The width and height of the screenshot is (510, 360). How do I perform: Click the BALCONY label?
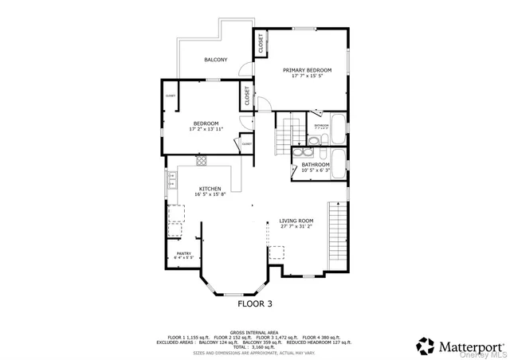(x=215, y=60)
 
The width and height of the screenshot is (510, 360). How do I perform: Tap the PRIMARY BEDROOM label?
(x=307, y=70)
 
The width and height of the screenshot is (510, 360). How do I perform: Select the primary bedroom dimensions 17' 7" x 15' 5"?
(x=307, y=77)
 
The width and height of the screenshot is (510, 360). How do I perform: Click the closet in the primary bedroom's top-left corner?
(x=260, y=44)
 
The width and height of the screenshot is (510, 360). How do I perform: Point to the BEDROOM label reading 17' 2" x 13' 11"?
(x=206, y=123)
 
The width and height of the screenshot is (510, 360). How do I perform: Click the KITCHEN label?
(x=199, y=189)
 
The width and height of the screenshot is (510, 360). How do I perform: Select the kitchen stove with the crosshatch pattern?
(x=201, y=159)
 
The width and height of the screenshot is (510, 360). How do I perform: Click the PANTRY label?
(x=183, y=254)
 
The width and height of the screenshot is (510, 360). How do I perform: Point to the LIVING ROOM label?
(x=296, y=221)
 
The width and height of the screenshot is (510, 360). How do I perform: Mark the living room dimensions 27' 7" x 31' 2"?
(x=296, y=227)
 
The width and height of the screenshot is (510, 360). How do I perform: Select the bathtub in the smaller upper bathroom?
(x=338, y=127)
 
